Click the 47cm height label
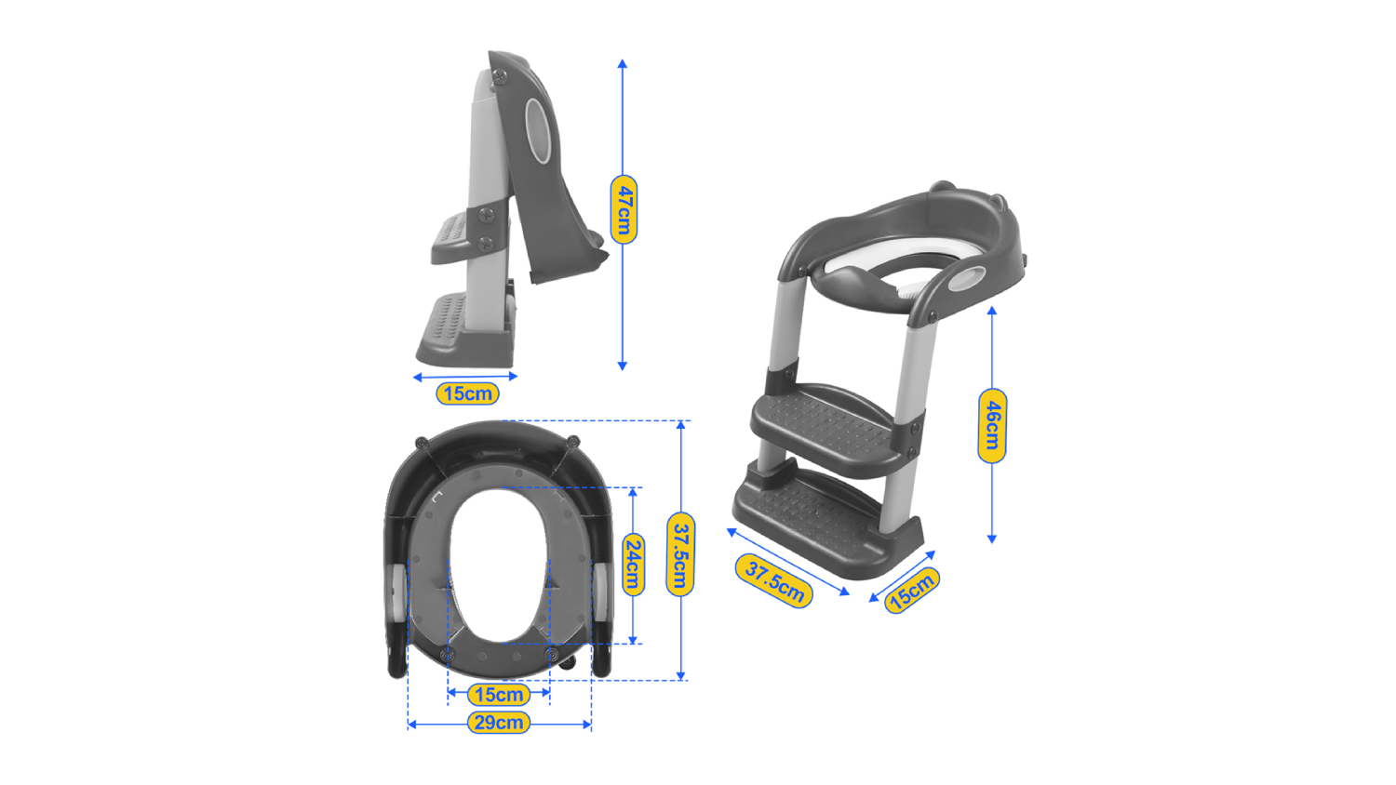click(x=624, y=209)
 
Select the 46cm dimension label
click(x=992, y=426)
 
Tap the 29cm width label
click(x=499, y=723)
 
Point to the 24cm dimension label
click(x=633, y=565)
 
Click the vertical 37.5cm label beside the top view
click(x=680, y=554)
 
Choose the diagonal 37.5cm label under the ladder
click(x=774, y=580)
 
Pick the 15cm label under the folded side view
click(x=467, y=393)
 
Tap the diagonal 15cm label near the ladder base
click(x=912, y=590)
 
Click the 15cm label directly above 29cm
click(x=499, y=694)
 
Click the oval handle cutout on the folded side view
click(x=537, y=131)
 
